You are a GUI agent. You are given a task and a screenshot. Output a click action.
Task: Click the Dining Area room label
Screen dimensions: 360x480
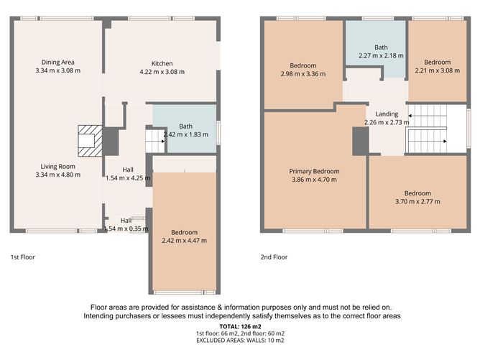point(58,62)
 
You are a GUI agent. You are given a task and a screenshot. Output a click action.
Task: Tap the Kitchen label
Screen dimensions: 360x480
point(161,63)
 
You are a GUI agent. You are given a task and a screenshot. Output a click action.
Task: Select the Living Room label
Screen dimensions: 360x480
point(58,166)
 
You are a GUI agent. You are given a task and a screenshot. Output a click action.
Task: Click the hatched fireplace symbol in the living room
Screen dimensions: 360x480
point(90,139)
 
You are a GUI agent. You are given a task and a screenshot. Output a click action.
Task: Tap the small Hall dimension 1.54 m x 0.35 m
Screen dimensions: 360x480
point(126,229)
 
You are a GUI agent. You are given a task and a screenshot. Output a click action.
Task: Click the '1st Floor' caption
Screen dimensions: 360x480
point(22,257)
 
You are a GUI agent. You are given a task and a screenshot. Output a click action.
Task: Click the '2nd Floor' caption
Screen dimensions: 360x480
point(274,257)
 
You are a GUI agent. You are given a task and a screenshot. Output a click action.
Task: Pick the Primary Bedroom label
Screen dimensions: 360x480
point(314,171)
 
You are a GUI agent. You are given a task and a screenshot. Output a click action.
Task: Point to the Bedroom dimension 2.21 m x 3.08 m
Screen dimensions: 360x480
point(437,71)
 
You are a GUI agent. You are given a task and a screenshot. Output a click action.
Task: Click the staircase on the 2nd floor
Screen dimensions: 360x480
point(428,129)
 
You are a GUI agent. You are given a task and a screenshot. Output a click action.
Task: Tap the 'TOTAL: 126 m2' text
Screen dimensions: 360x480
point(239,326)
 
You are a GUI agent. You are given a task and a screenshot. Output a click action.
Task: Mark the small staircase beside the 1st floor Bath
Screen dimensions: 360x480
point(155,139)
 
